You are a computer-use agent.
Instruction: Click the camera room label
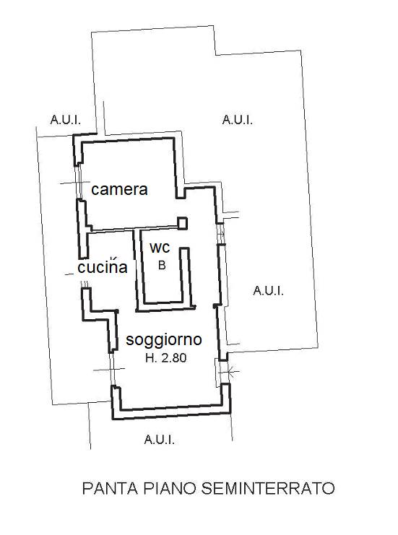[119, 189]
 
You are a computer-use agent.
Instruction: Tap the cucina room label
[103, 266]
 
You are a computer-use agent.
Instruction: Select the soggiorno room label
[164, 340]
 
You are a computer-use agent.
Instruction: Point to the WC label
[160, 248]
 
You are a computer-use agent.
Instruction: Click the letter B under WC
[162, 265]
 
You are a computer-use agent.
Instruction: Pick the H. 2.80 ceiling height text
[166, 358]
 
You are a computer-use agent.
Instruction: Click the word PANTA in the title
[111, 488]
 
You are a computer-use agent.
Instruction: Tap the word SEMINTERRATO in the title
[268, 488]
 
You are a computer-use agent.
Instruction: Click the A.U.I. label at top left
[66, 120]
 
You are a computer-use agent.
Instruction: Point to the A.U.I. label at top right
[238, 120]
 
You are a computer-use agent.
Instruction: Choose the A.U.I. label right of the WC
[268, 291]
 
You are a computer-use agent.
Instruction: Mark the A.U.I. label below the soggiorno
[160, 440]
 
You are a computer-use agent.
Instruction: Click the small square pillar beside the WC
[182, 223]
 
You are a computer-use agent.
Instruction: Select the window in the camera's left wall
[79, 183]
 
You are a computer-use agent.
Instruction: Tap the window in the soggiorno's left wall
[112, 369]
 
